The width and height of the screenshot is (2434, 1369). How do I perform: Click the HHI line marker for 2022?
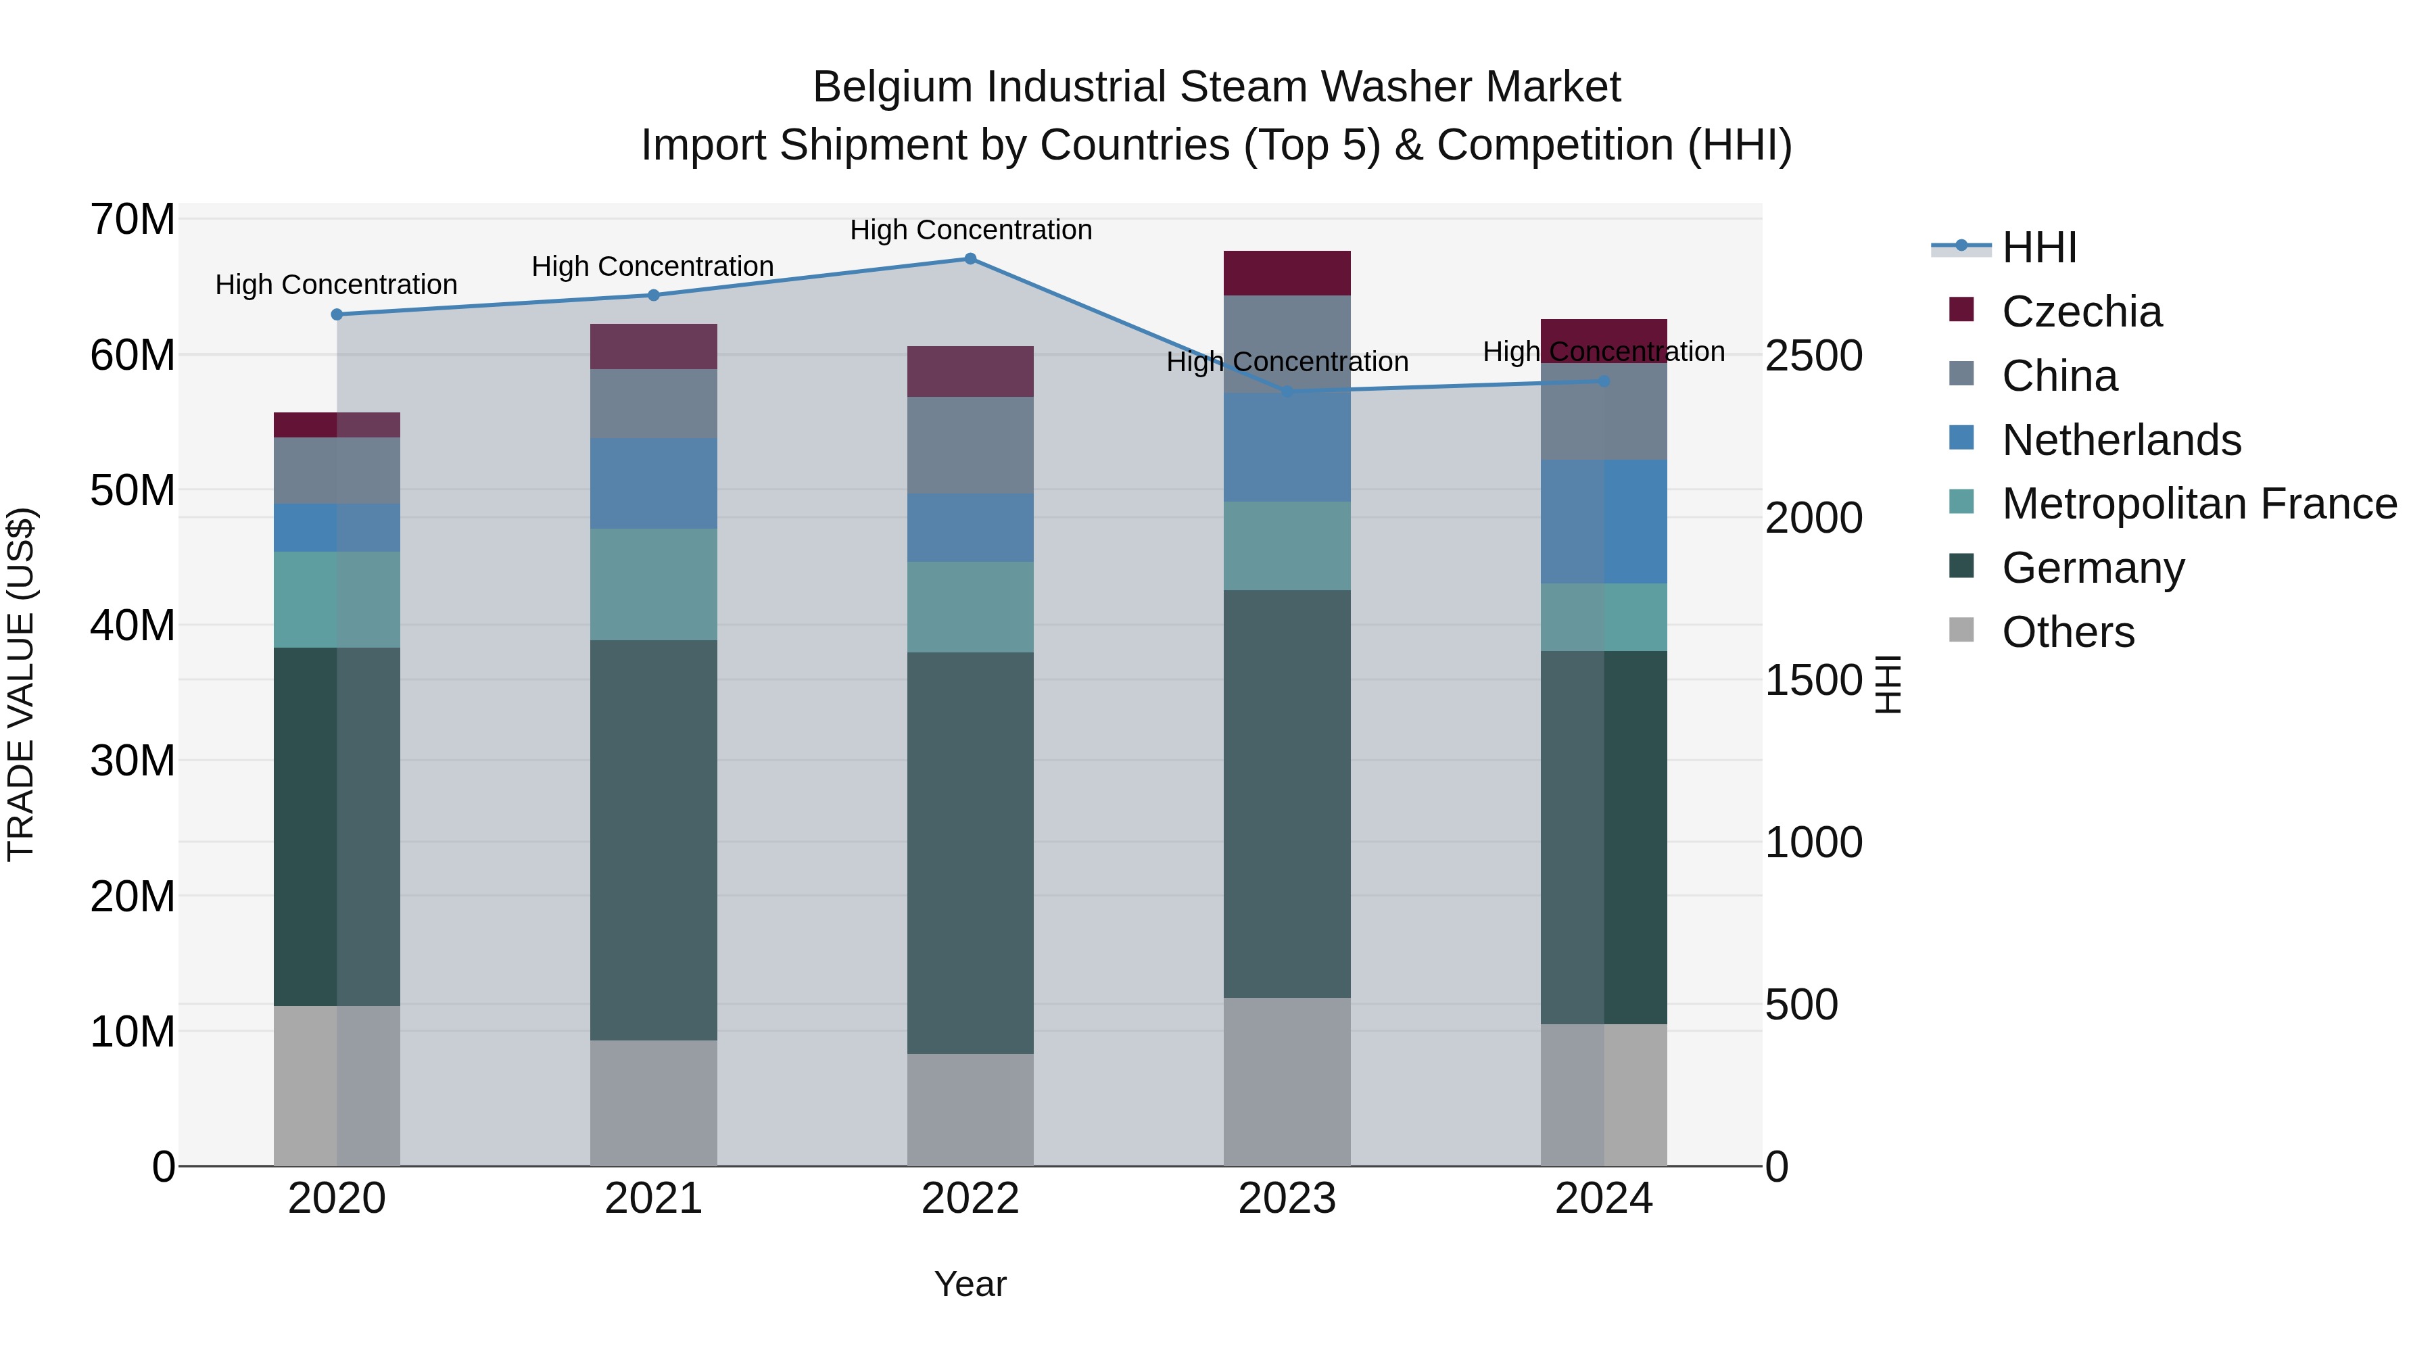tap(970, 259)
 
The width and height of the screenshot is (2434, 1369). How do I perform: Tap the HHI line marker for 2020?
tap(337, 314)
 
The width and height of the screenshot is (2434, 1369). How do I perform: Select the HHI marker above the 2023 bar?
tap(1286, 391)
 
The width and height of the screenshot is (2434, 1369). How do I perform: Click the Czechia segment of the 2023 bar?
tap(1286, 273)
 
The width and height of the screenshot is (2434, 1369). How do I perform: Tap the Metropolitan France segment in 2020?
tap(337, 599)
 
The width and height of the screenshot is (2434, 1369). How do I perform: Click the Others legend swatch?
tap(1961, 630)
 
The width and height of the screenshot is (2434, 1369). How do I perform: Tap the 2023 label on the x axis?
tap(1286, 1199)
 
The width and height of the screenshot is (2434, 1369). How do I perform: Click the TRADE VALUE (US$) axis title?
tap(21, 684)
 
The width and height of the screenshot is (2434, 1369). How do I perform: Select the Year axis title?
tap(970, 1284)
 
